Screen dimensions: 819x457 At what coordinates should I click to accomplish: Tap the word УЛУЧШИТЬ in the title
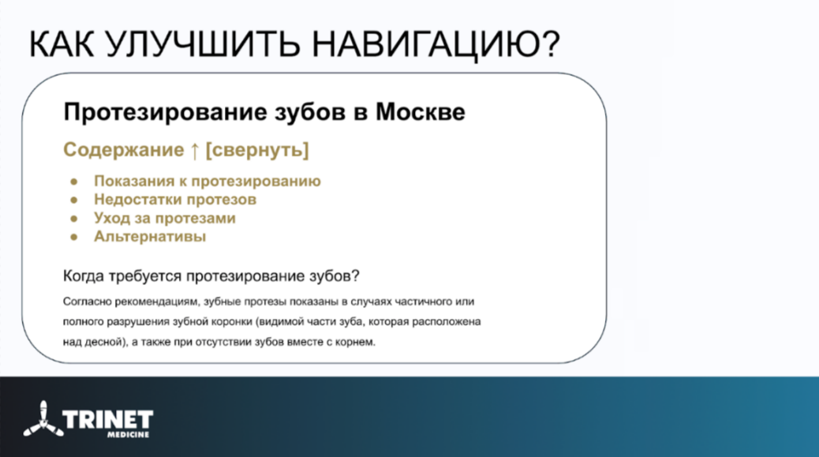click(202, 44)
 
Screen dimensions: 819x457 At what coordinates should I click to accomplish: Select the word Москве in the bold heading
click(420, 112)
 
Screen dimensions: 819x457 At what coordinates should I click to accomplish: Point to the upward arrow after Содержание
click(194, 151)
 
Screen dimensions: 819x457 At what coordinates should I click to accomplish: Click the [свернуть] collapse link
click(257, 151)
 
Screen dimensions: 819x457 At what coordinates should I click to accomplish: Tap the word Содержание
click(124, 151)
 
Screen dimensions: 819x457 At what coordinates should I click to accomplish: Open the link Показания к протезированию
click(208, 182)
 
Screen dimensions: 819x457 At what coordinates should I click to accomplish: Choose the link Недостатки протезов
click(175, 200)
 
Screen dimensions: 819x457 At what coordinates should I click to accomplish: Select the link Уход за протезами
click(165, 219)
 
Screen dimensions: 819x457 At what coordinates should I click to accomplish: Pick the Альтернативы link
click(150, 237)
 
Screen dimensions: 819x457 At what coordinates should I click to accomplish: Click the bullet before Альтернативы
click(74, 237)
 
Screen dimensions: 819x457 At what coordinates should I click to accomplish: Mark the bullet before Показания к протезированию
click(74, 182)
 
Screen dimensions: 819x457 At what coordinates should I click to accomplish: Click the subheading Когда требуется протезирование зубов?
click(211, 275)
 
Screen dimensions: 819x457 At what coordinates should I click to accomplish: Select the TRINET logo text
click(107, 419)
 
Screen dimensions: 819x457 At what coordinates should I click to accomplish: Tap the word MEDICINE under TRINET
click(129, 435)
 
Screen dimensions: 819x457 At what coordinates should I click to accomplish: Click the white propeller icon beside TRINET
click(43, 419)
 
